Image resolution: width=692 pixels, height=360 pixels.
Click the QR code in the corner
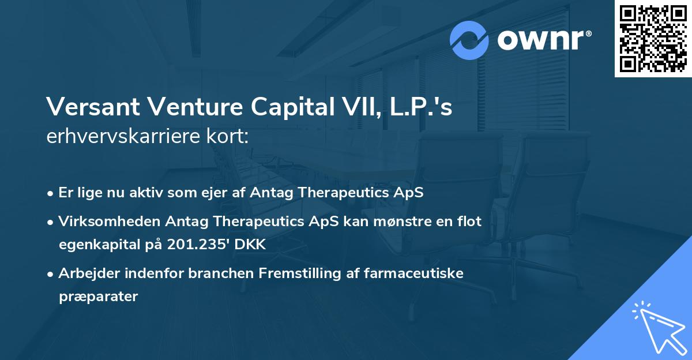pos(652,39)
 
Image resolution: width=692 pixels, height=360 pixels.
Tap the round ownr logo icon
pos(469,40)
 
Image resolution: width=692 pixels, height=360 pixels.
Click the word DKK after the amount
pos(250,245)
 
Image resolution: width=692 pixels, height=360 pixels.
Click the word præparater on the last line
pos(98,297)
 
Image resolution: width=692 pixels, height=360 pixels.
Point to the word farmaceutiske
pos(414,273)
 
